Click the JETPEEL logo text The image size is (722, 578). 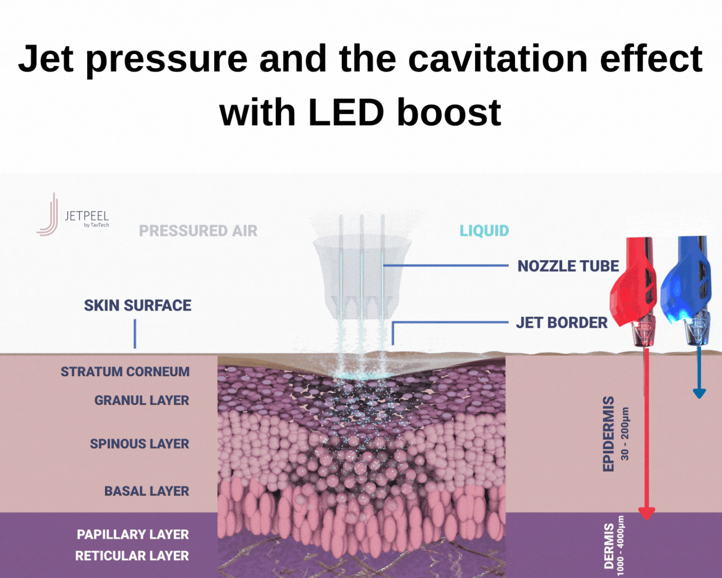[87, 216]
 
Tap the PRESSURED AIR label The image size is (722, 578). [198, 231]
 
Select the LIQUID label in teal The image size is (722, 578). [484, 231]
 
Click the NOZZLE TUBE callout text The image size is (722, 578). [568, 266]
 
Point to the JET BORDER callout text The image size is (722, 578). [562, 323]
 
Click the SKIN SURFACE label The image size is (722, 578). [138, 306]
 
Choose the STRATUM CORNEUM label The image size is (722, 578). [125, 372]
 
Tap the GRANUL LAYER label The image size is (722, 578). [142, 400]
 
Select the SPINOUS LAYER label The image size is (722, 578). [140, 444]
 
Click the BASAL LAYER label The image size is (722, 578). [147, 491]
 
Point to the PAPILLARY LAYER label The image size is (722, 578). [133, 535]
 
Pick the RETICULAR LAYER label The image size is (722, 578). [132, 556]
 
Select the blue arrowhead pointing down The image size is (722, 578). [699, 394]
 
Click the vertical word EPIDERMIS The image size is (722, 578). [608, 434]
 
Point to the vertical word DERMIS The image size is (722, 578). [609, 546]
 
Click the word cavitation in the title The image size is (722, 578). [498, 59]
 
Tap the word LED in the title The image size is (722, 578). [346, 113]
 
